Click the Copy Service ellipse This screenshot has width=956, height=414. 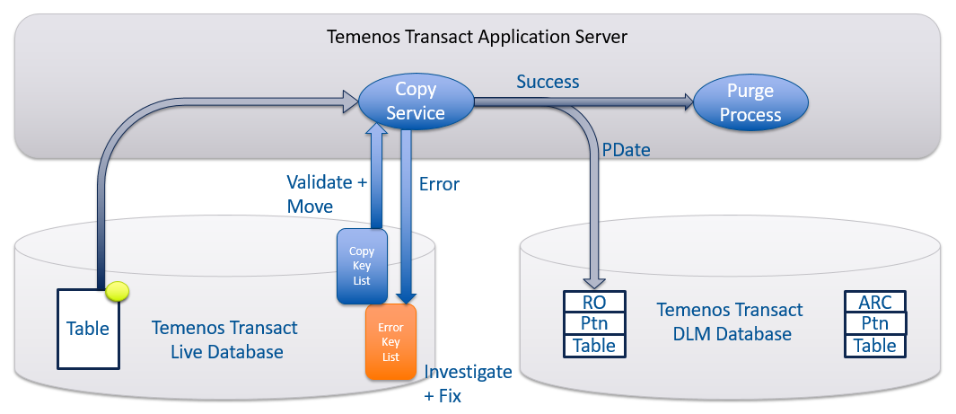pyautogui.click(x=416, y=101)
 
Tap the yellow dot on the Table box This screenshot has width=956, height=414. pyautogui.click(x=117, y=291)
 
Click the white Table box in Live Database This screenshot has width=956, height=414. pyautogui.click(x=88, y=329)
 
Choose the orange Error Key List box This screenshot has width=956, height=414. pyautogui.click(x=391, y=342)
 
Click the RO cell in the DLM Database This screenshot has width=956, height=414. pyautogui.click(x=594, y=303)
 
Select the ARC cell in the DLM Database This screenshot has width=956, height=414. pyautogui.click(x=875, y=303)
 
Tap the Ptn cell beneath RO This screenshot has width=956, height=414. pyautogui.click(x=594, y=323)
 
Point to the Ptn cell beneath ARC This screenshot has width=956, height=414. pyautogui.click(x=875, y=323)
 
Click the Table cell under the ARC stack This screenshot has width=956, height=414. pyautogui.click(x=875, y=345)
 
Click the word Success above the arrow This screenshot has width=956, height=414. pyautogui.click(x=548, y=82)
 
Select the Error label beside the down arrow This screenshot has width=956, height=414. pyautogui.click(x=439, y=184)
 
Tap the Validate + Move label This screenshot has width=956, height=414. pyautogui.click(x=327, y=194)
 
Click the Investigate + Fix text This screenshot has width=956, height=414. pyautogui.click(x=468, y=383)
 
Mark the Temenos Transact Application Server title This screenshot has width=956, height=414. pyautogui.click(x=476, y=38)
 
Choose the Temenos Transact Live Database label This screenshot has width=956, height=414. pyautogui.click(x=225, y=339)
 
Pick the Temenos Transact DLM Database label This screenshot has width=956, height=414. pyautogui.click(x=730, y=322)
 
